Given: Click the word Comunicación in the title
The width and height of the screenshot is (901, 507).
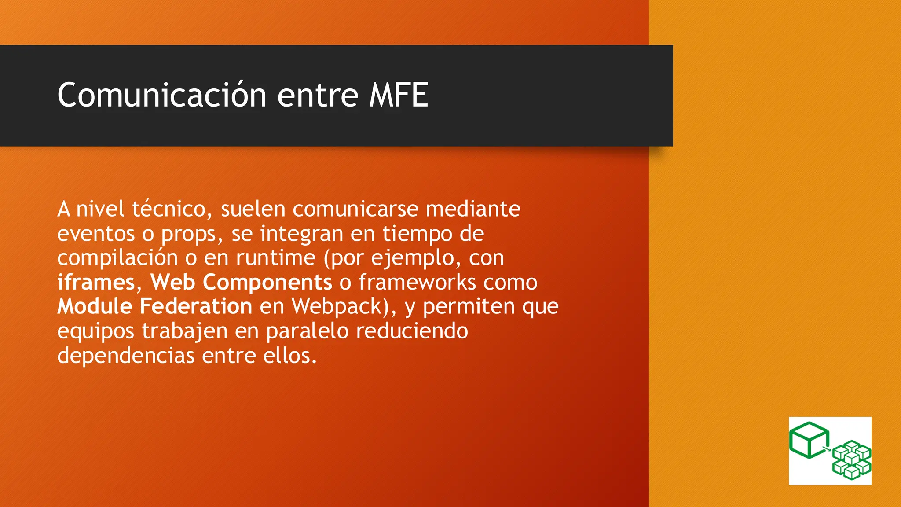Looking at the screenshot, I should click(x=162, y=95).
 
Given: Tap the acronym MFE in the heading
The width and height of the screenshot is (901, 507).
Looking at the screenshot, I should click(x=399, y=95).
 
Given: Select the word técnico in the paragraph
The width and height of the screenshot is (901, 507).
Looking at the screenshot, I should click(x=169, y=209).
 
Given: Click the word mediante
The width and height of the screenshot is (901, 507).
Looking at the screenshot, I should click(x=473, y=209).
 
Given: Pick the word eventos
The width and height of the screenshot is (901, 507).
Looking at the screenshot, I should click(x=96, y=233).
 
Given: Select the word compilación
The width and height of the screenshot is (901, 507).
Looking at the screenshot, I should click(x=117, y=258).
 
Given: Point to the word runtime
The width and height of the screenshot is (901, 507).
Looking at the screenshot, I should click(x=276, y=258).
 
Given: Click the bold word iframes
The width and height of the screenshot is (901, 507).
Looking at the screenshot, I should click(x=96, y=282).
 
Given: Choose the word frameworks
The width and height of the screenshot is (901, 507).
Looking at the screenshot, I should click(x=417, y=282).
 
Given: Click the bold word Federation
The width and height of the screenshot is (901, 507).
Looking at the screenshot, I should click(x=196, y=306).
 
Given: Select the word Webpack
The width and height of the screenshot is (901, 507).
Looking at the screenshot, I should click(x=337, y=307).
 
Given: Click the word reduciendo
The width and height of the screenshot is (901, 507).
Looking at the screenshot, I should click(x=412, y=331).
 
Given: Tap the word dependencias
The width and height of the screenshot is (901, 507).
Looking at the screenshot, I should click(x=126, y=356).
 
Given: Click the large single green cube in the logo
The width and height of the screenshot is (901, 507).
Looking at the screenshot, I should click(x=809, y=439).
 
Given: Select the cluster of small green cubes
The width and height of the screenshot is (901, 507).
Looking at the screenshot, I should click(x=852, y=459).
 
